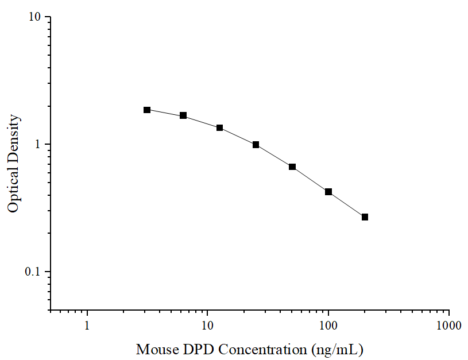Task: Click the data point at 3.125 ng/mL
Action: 147,110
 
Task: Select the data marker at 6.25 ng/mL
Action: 183,115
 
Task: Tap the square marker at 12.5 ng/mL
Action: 219,127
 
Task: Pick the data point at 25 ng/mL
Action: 256,145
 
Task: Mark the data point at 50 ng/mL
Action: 292,167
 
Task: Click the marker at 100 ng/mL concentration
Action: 328,192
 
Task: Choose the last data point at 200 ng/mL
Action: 365,217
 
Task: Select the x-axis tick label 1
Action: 87,326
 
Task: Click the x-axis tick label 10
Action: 207,326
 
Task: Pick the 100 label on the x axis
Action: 328,326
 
